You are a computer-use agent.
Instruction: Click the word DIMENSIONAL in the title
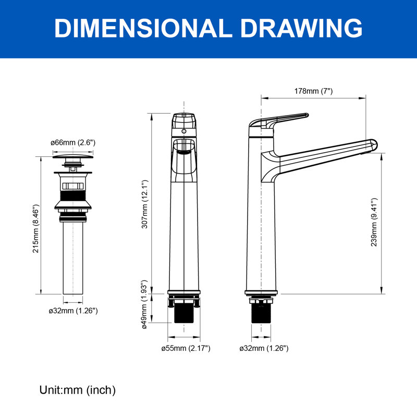143,29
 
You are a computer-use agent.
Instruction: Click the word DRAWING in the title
301,29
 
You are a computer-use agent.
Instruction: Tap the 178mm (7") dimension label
313,91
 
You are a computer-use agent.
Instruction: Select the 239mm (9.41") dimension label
374,223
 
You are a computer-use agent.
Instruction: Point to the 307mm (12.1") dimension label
144,204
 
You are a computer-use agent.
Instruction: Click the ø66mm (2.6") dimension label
73,142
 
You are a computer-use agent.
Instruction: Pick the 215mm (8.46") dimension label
35,229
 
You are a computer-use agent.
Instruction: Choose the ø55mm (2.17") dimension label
186,348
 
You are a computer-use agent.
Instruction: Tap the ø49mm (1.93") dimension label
144,304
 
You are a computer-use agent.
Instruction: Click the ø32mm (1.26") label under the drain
73,311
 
